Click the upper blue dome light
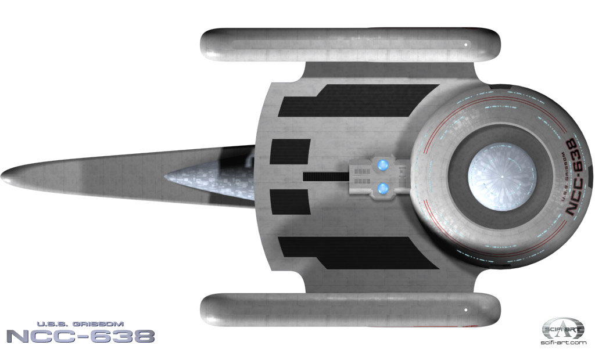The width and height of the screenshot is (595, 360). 382,165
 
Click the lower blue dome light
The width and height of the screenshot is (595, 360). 382,188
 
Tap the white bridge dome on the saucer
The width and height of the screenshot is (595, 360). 501,177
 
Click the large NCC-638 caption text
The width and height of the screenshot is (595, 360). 81,336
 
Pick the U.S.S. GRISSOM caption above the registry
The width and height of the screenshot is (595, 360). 80,324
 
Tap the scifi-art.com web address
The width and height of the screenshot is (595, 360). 564,343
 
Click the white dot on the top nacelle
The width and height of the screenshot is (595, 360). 466,45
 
